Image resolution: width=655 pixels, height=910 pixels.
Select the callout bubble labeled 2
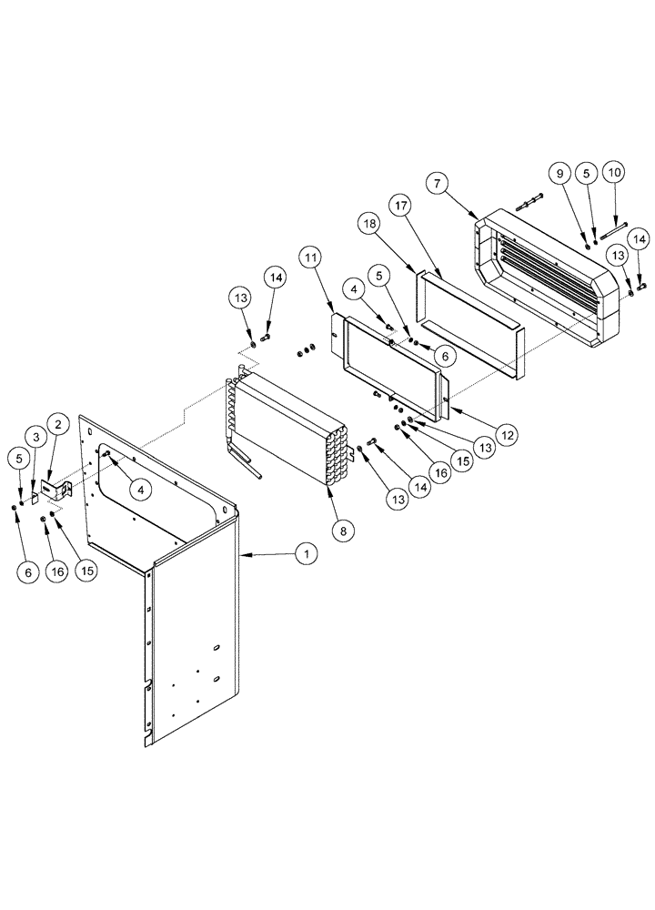(58, 423)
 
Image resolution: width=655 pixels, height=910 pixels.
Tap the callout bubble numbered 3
(35, 439)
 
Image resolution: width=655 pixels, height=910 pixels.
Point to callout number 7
(438, 184)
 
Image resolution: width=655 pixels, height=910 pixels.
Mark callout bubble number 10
(616, 171)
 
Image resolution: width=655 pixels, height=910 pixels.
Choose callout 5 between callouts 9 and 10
(589, 171)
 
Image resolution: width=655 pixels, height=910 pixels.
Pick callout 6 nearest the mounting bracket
(27, 571)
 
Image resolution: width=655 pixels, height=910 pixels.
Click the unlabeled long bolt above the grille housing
(527, 200)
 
